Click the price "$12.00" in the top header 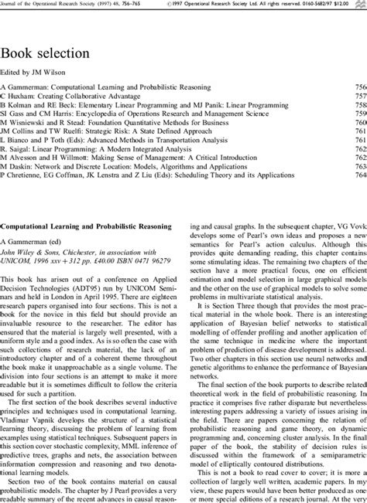352,5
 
